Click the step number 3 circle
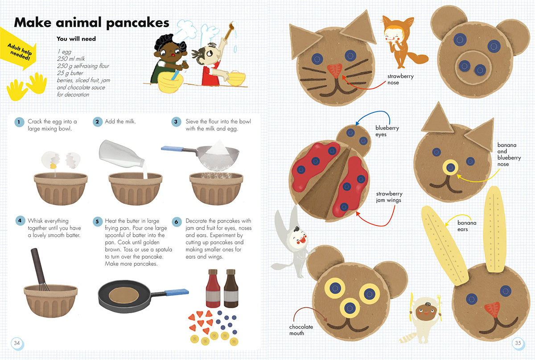tap(176, 122)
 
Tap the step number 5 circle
tap(98, 221)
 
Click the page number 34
tap(17, 343)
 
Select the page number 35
tap(518, 343)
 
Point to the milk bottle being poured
tap(121, 154)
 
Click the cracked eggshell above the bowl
tap(61, 160)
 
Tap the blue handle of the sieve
tap(172, 149)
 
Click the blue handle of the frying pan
tap(177, 292)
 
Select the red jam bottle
tap(213, 288)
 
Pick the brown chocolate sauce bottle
tap(231, 288)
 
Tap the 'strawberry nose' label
tap(400, 79)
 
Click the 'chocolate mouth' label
tap(300, 330)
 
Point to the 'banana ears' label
tap(467, 226)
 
